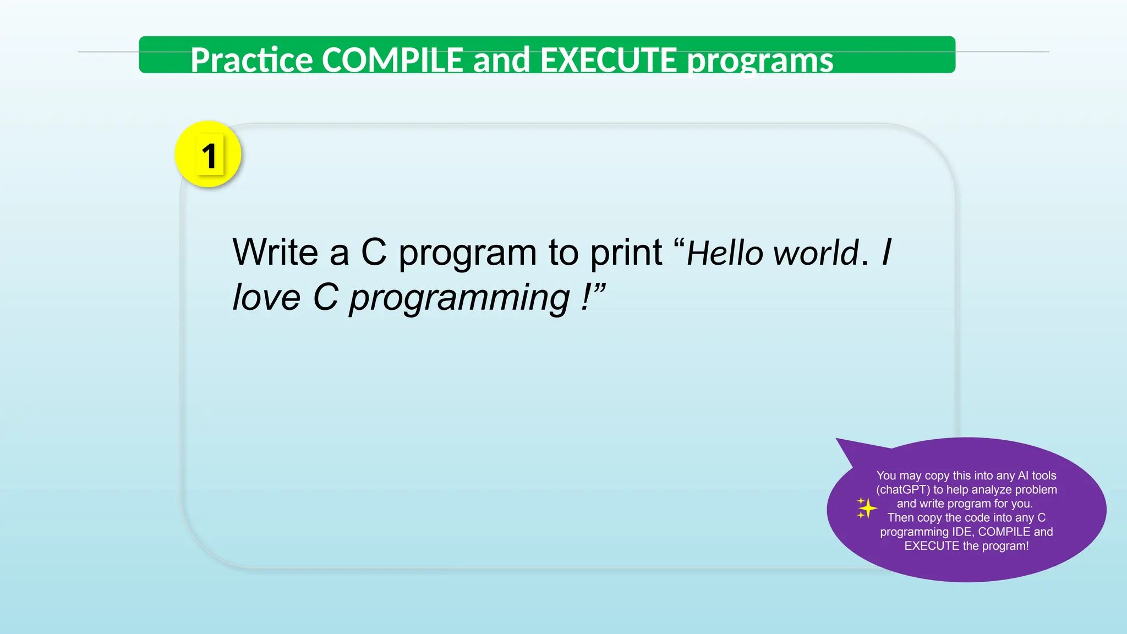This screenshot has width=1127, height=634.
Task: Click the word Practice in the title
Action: click(x=251, y=60)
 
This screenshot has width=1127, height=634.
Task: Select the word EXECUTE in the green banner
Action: click(x=608, y=60)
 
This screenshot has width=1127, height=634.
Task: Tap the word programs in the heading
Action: click(x=761, y=61)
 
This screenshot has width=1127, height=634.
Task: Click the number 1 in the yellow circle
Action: click(x=209, y=156)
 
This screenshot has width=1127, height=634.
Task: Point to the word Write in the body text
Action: click(x=275, y=253)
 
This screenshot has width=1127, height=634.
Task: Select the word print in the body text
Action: click(x=626, y=254)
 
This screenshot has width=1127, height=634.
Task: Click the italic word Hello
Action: click(x=725, y=254)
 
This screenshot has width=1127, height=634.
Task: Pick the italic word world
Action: click(x=816, y=254)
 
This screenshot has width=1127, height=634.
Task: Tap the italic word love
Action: click(x=266, y=298)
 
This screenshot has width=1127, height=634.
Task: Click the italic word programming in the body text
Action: click(x=459, y=299)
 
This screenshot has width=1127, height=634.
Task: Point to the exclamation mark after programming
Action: click(x=586, y=298)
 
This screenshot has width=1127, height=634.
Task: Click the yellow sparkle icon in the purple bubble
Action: click(x=866, y=508)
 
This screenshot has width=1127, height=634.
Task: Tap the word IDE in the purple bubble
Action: click(x=963, y=532)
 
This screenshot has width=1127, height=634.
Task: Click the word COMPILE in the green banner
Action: click(x=392, y=60)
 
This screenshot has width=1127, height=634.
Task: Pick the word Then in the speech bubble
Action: click(x=900, y=518)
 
